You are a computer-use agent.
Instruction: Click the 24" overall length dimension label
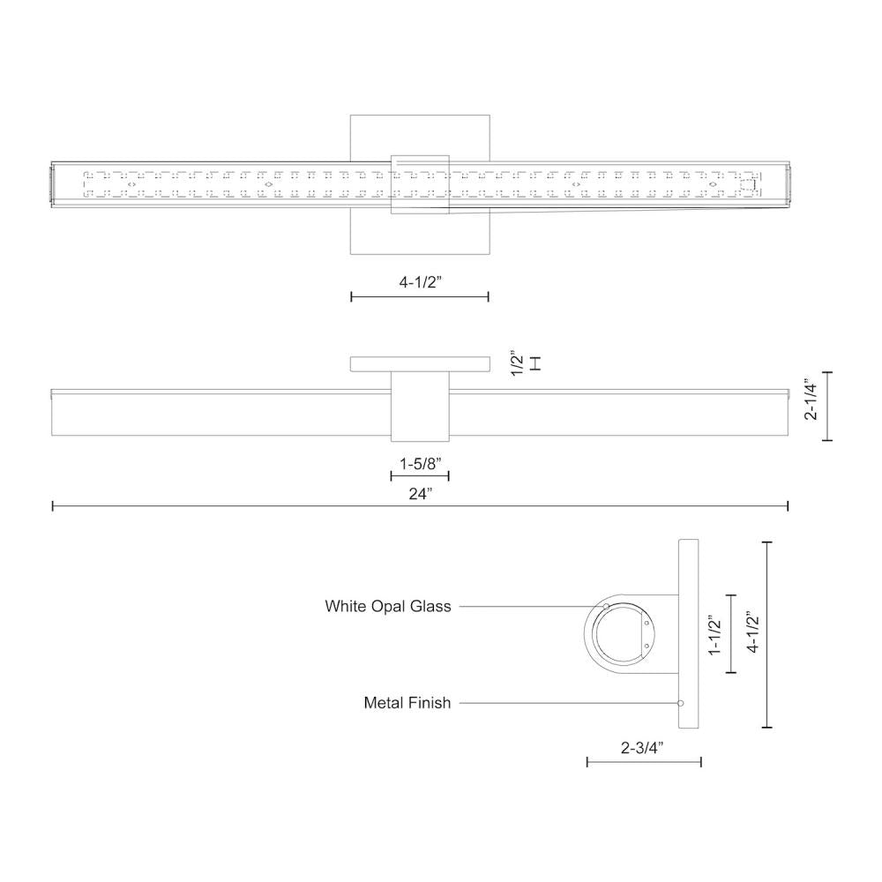click(420, 493)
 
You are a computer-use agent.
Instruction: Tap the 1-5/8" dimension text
click(420, 462)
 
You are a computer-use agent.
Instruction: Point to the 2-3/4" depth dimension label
click(642, 748)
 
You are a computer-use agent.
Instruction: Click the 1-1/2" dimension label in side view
click(715, 634)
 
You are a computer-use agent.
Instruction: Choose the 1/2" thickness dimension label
click(518, 364)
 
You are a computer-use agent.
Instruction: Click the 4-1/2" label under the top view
click(420, 283)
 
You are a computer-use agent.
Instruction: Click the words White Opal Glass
click(387, 606)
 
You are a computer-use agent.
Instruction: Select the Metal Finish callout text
click(407, 703)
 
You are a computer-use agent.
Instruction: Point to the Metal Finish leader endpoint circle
click(680, 703)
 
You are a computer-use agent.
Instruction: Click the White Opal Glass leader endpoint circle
click(606, 606)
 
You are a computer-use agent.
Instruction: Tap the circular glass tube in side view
click(622, 634)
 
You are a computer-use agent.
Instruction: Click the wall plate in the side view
click(688, 634)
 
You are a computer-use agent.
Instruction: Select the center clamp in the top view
click(420, 183)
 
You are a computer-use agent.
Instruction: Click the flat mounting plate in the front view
click(420, 364)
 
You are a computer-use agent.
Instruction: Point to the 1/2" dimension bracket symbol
click(534, 363)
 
